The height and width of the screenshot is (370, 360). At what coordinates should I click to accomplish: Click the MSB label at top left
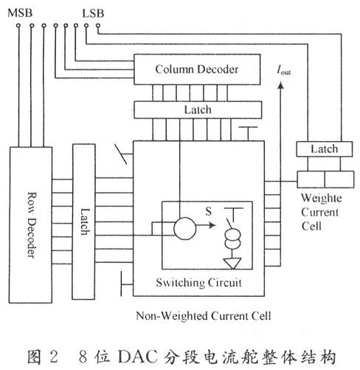tap(20, 13)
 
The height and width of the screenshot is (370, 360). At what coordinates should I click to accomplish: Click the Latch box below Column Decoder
tap(197, 109)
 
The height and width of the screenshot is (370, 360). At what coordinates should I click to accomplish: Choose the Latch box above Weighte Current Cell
tap(325, 148)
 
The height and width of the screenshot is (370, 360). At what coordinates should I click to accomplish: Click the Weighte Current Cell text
tap(322, 213)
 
